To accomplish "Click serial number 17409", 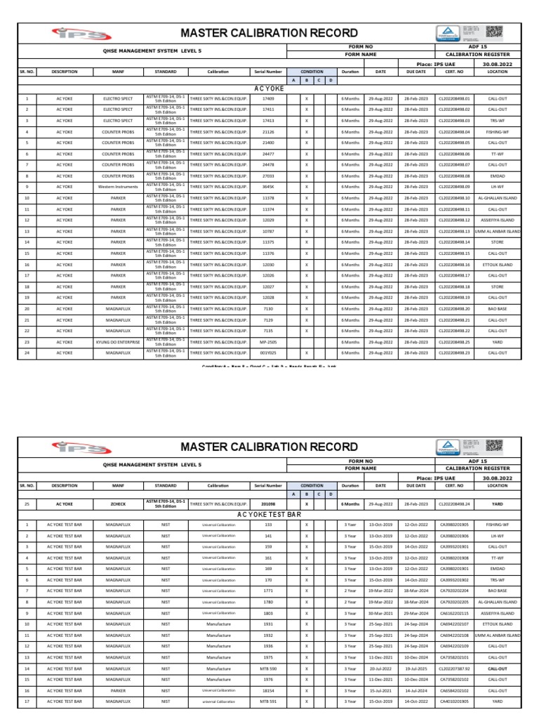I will click(x=268, y=99).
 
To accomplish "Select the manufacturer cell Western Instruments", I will click(x=117, y=187).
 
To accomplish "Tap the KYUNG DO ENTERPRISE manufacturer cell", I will click(x=117, y=342).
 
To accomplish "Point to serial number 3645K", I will click(x=268, y=187).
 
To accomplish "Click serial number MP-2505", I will click(x=268, y=342).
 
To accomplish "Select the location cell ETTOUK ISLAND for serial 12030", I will click(x=497, y=265).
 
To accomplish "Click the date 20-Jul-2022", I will click(x=380, y=668).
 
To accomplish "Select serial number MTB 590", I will click(x=268, y=668).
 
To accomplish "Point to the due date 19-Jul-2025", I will click(x=415, y=668).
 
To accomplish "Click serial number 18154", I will click(x=268, y=690).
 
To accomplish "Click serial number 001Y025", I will click(x=268, y=352).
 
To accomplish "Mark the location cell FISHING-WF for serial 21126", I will click(x=497, y=132).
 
